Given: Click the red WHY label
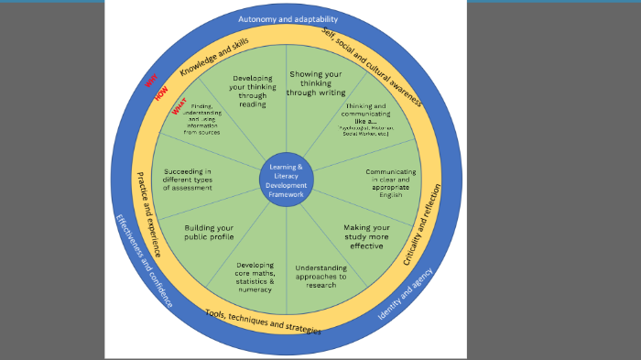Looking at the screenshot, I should click(x=151, y=82).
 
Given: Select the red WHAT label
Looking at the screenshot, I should click(x=179, y=108).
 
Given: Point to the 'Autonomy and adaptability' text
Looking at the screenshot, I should click(x=288, y=18).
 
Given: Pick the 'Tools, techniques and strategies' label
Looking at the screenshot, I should click(x=263, y=322).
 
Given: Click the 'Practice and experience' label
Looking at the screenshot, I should click(x=147, y=213).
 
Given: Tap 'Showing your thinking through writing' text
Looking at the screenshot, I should click(x=316, y=82).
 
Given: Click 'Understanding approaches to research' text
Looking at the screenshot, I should click(x=320, y=275).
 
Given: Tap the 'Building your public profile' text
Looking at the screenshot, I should click(x=209, y=232).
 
